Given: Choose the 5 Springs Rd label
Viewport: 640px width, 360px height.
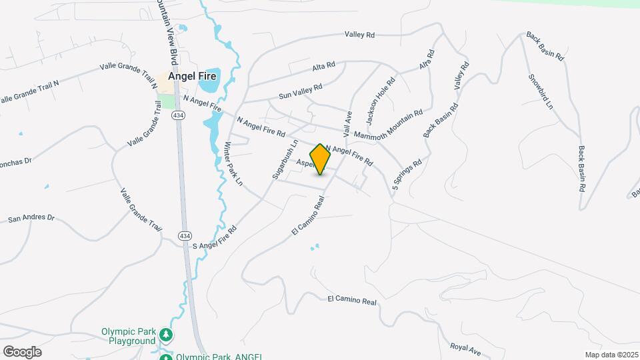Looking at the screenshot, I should pyautogui.click(x=407, y=174).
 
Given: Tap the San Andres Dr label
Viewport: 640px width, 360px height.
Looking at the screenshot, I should pyautogui.click(x=31, y=218).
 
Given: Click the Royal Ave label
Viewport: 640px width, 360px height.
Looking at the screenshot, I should pyautogui.click(x=465, y=348).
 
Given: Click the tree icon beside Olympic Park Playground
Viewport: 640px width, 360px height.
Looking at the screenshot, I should pyautogui.click(x=167, y=335).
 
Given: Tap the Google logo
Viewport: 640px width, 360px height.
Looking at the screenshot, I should pyautogui.click(x=22, y=352).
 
